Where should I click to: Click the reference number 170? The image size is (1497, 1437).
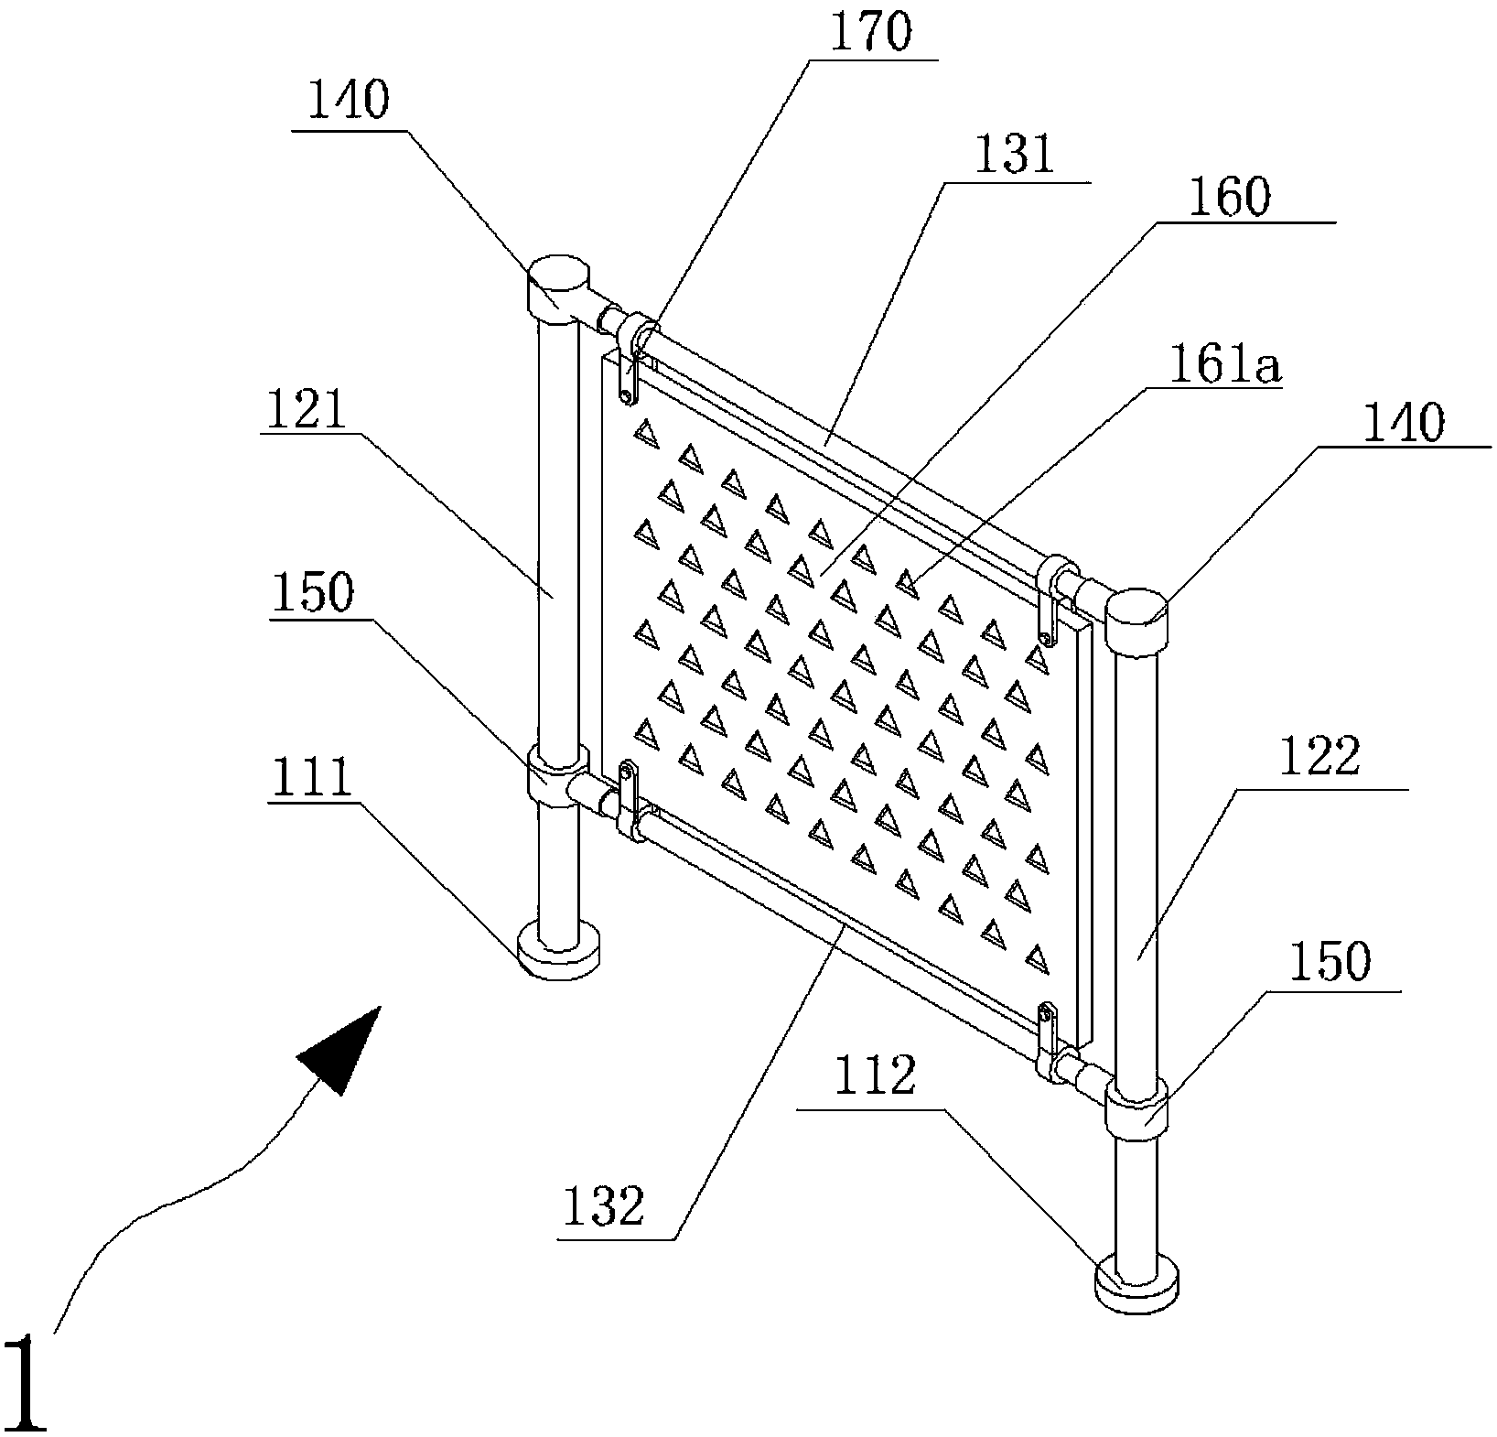[x=872, y=33]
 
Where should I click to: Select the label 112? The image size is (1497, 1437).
[x=876, y=1078]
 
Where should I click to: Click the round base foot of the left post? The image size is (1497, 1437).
[x=558, y=951]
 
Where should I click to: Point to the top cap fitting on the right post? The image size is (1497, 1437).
[x=1139, y=623]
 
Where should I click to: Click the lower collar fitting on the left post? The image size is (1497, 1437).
[x=558, y=774]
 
